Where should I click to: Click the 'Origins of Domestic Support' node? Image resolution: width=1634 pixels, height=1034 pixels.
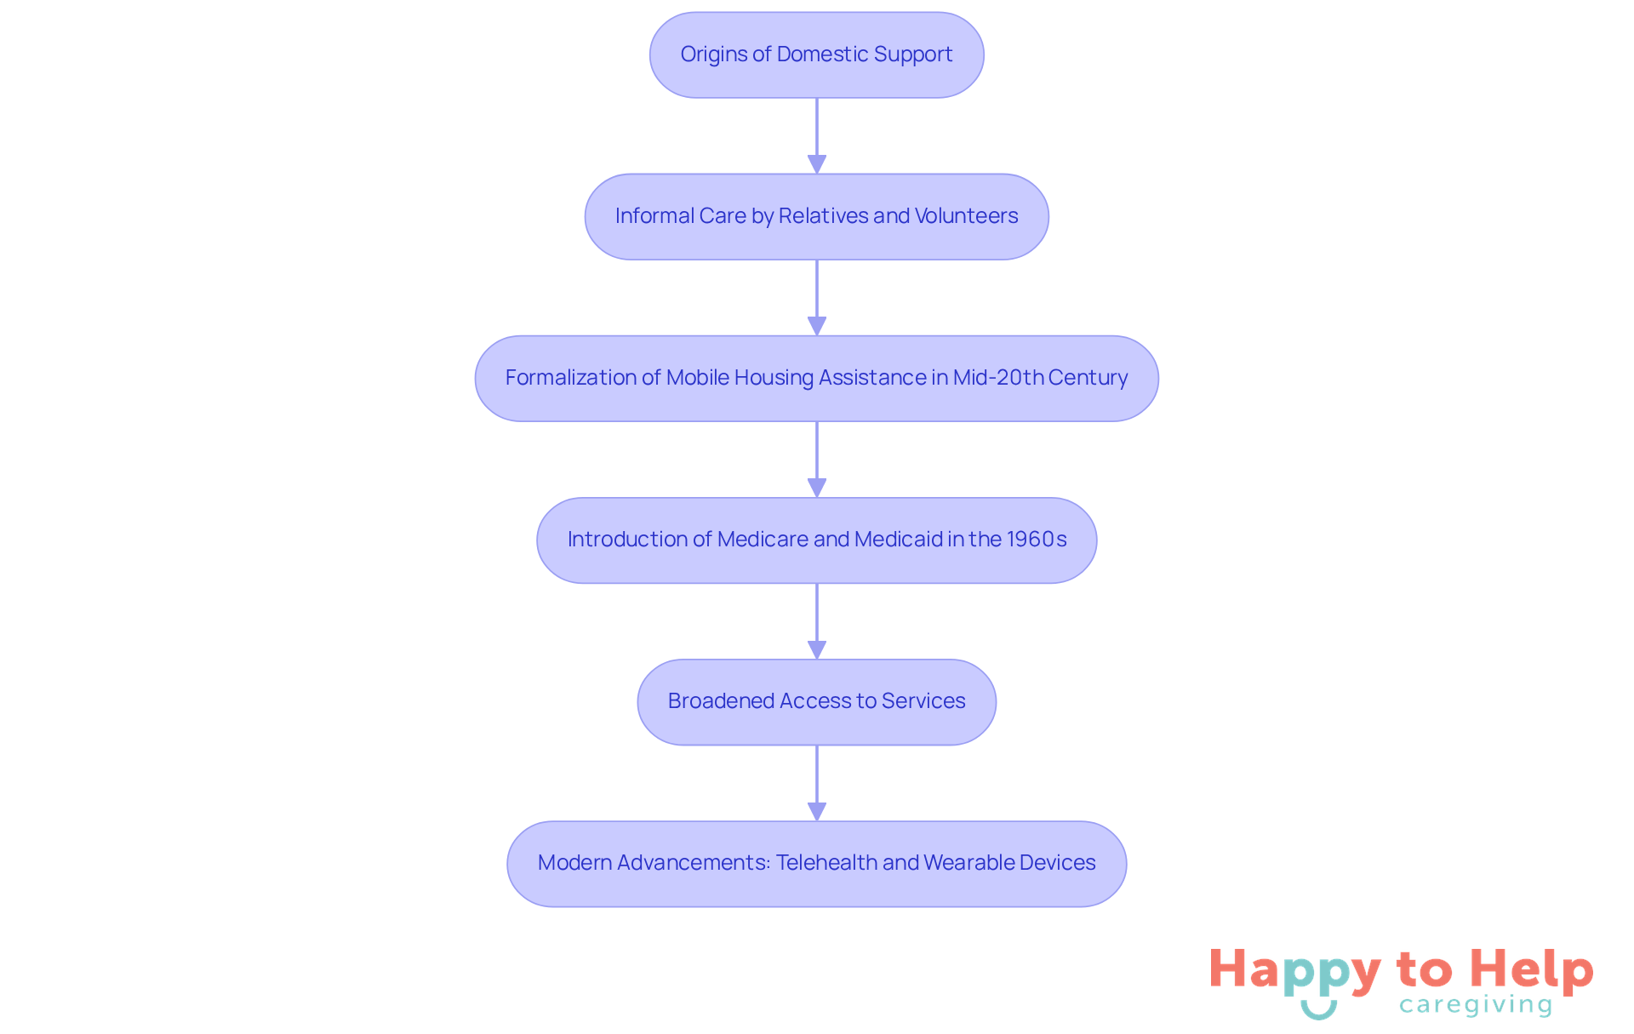(816, 54)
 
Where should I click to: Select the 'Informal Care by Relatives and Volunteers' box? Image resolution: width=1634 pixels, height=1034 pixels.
(816, 216)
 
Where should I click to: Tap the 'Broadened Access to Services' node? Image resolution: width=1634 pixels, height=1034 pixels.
(816, 701)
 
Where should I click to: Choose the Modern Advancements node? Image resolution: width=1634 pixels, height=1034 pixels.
(816, 863)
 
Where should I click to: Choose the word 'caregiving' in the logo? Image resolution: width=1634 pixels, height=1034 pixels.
(1476, 1005)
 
